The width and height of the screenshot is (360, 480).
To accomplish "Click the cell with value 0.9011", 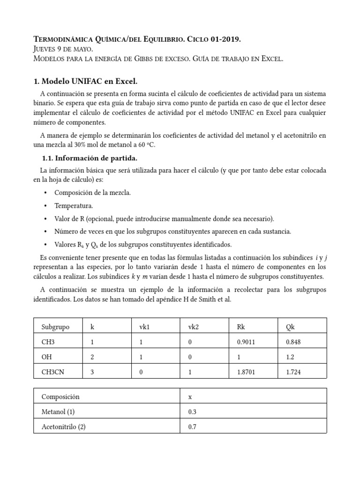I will pyautogui.click(x=247, y=341).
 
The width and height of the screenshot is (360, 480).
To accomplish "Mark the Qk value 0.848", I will pyautogui.click(x=293, y=341).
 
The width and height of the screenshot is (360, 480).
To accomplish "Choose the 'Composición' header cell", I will pyautogui.click(x=60, y=397).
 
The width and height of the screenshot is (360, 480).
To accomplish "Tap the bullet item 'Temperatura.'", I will pyautogui.click(x=74, y=206).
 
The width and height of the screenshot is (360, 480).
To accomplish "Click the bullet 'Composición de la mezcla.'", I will pyautogui.click(x=93, y=193).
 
